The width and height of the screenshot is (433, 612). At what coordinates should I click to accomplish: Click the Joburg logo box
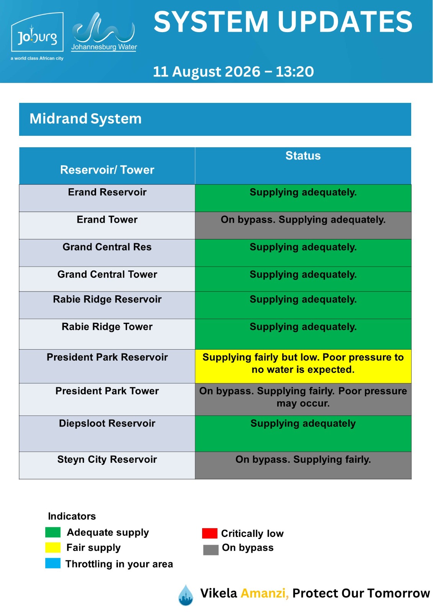pos(37,32)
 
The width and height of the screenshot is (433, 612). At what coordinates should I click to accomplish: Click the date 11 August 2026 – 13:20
pos(233,72)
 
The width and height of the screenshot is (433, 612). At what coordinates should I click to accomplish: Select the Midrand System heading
pos(85,119)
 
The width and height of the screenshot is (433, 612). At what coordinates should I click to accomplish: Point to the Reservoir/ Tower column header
pos(107,170)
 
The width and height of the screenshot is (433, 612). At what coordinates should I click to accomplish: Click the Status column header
pos(303,156)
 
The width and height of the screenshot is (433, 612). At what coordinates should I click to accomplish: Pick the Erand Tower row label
pos(107,220)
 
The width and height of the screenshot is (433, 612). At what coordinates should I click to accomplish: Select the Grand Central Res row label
pos(107,247)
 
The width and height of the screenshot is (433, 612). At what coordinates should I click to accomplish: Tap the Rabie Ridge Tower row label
pos(107,327)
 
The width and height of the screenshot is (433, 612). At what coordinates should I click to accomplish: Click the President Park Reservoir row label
pos(107,357)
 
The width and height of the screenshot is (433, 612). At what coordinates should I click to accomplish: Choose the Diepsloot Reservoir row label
pos(107,423)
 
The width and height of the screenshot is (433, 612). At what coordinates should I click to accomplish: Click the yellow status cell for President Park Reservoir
pos(303,366)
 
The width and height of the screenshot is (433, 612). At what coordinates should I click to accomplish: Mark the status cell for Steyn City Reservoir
pos(303,465)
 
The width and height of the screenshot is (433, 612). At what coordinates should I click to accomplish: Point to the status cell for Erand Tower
pos(303,225)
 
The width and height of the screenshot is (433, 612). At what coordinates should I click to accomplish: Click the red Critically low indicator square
pos(209,533)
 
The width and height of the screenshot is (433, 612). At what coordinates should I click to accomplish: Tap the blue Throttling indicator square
pos(53,563)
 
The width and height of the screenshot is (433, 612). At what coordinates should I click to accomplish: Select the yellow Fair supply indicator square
pos(53,547)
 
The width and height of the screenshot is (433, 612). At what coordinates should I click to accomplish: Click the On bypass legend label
pos(248,547)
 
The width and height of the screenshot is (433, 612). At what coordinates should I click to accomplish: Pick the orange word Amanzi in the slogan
pos(265,593)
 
